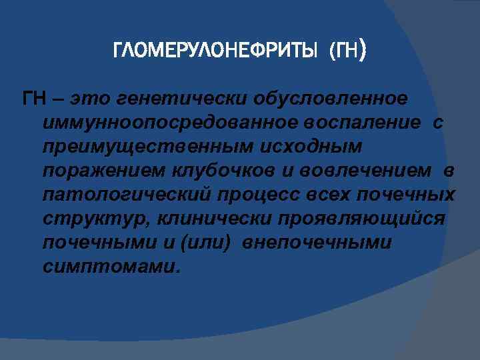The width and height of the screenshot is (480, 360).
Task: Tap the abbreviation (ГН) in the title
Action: pyautogui.click(x=347, y=51)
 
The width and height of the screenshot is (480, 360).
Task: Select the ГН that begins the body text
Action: pyautogui.click(x=35, y=99)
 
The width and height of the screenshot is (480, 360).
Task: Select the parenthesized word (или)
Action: pyautogui.click(x=204, y=243)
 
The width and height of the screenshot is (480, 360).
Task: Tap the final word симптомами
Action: pyautogui.click(x=111, y=267)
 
